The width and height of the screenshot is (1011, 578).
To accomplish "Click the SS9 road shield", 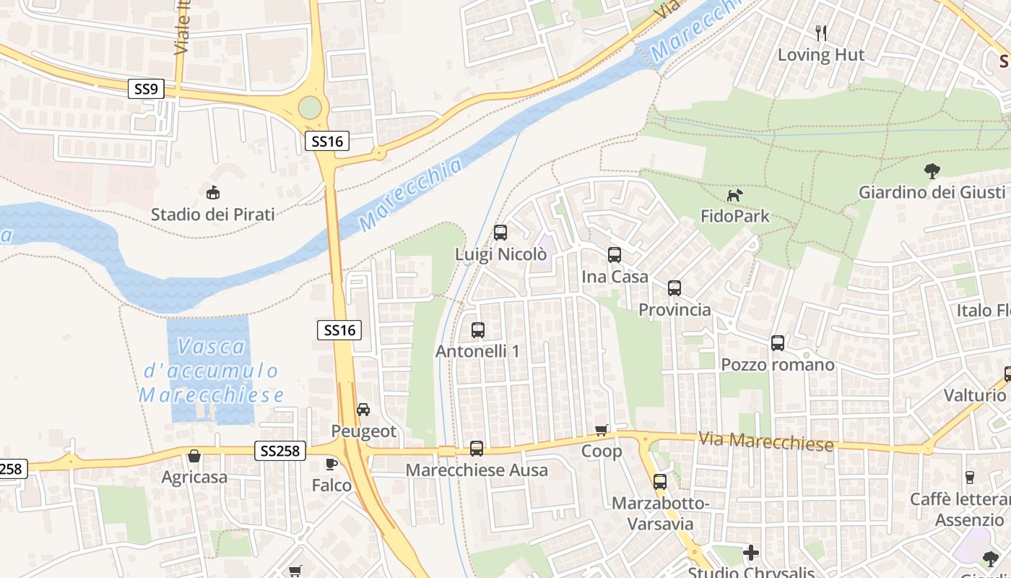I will (146, 90).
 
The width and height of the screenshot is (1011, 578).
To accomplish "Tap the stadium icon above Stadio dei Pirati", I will (213, 193).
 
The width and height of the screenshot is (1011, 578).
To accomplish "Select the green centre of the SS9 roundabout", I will (310, 108).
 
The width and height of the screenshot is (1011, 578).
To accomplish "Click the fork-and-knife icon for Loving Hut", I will (820, 33).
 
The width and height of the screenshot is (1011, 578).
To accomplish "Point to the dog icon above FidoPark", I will (734, 195).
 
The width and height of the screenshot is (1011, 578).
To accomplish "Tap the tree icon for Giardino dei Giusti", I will (932, 171).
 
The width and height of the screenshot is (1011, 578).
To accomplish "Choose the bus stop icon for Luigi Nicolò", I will (500, 233).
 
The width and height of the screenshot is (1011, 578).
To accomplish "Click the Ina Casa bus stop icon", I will (615, 255).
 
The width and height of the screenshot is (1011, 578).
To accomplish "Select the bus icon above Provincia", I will (674, 288).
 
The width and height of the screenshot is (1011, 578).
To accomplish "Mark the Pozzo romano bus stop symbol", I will (778, 343).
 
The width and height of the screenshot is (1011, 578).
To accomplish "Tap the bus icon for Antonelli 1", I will (477, 330).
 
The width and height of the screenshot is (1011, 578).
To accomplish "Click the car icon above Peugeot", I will (363, 410).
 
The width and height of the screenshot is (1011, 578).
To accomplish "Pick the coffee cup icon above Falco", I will (331, 464).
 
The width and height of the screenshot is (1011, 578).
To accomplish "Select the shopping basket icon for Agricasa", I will (194, 456).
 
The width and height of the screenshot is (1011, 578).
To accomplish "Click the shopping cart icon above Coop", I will (602, 431).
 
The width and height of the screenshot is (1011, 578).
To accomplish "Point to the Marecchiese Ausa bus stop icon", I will (477, 449).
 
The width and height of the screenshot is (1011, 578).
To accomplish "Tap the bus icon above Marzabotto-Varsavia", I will (659, 482).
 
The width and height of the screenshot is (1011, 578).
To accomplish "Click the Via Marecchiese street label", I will (765, 441).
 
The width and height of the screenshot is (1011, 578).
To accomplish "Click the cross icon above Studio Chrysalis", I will (751, 553).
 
